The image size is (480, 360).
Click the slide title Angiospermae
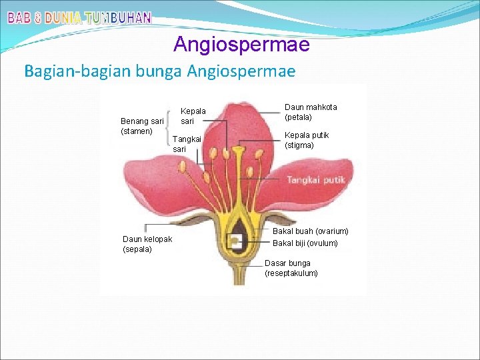coord(241,45)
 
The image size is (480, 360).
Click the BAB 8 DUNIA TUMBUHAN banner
coord(79,18)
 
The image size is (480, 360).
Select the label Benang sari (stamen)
coord(141,126)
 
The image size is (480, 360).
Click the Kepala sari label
coord(193,116)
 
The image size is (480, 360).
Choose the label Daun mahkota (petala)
coord(311,112)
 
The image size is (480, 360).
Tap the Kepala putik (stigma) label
coord(307,140)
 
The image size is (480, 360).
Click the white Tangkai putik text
coord(313,180)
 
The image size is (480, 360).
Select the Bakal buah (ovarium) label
coord(310,231)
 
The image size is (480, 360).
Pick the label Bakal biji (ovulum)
coord(305,243)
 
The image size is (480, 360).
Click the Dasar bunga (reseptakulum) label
coord(291,268)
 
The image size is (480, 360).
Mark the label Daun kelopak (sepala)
coord(147,244)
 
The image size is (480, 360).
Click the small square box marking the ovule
coord(235,241)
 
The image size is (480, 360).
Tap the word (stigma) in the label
coord(299,145)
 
